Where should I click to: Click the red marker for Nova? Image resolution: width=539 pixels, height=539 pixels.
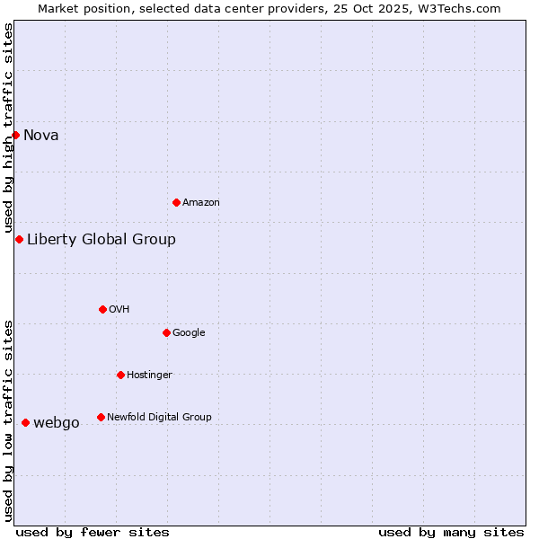16,135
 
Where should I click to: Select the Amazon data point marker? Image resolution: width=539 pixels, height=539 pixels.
176,202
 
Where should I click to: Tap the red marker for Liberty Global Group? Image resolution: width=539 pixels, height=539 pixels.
19,239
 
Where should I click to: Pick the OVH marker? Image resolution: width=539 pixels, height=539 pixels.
102,309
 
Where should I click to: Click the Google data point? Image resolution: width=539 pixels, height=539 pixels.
166,332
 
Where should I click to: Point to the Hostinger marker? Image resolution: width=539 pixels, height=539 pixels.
120,375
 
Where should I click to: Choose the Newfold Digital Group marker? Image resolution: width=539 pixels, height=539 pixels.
101,417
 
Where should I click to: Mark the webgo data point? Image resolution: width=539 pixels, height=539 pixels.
25,422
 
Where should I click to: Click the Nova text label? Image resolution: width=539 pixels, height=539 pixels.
41,136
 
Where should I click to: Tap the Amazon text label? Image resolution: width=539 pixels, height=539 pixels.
201,203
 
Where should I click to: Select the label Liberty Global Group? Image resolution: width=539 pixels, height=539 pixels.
102,239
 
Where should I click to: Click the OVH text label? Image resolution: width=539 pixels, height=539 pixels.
119,310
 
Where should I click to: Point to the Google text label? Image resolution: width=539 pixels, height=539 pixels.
189,333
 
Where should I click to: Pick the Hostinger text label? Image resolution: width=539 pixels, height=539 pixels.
149,376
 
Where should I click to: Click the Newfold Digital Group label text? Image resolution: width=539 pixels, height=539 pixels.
159,418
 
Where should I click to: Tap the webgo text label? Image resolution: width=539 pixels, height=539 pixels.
57,423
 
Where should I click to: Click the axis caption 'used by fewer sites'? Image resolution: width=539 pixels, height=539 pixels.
92,532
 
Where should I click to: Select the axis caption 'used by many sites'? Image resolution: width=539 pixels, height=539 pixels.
451,532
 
